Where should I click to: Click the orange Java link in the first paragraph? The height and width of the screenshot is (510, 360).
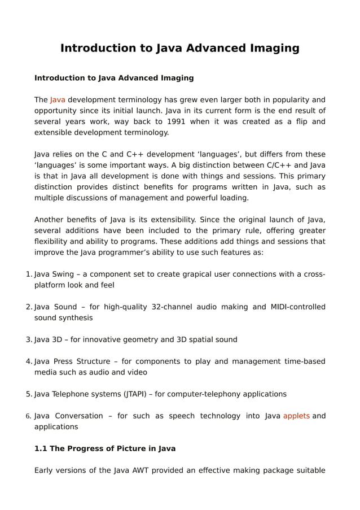click(x=58, y=100)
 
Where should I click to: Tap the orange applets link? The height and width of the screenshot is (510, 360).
click(x=296, y=416)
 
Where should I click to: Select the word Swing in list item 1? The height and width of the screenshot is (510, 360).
click(x=63, y=274)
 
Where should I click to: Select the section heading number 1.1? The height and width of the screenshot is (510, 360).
click(x=41, y=448)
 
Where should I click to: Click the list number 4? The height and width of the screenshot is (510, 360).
click(x=29, y=361)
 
